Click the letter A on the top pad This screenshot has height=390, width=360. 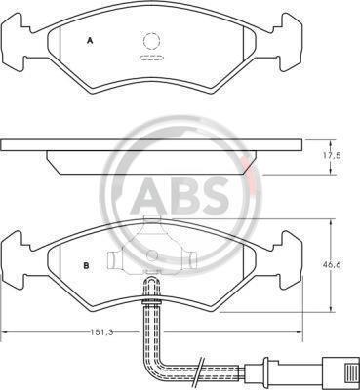[90, 41]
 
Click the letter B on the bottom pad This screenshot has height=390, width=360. [86, 265]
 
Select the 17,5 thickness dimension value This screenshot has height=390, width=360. [332, 156]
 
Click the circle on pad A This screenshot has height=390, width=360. [151, 41]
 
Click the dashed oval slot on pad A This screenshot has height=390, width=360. [151, 58]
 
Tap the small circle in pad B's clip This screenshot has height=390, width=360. [151, 255]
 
